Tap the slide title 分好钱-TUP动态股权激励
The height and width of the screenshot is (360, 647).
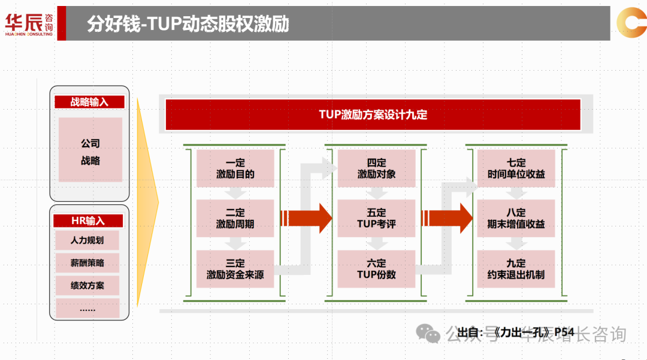188,23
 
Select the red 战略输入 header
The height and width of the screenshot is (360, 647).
89,102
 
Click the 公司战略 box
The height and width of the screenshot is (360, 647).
90,152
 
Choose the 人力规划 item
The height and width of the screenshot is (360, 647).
87,241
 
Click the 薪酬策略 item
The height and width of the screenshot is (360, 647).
87,263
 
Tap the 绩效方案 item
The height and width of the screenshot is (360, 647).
87,286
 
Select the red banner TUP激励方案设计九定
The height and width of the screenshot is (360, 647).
373,114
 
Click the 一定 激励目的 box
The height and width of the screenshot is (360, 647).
235,168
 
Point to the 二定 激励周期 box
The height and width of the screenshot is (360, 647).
235,218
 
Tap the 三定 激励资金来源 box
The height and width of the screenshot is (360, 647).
235,269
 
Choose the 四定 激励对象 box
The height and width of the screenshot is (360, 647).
377,168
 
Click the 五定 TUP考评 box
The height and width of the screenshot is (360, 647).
377,218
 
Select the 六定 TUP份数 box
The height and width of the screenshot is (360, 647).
377,269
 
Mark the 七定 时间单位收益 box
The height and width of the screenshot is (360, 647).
516,168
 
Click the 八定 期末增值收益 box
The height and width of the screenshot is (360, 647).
516,218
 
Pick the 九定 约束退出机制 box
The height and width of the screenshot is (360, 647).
516,269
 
